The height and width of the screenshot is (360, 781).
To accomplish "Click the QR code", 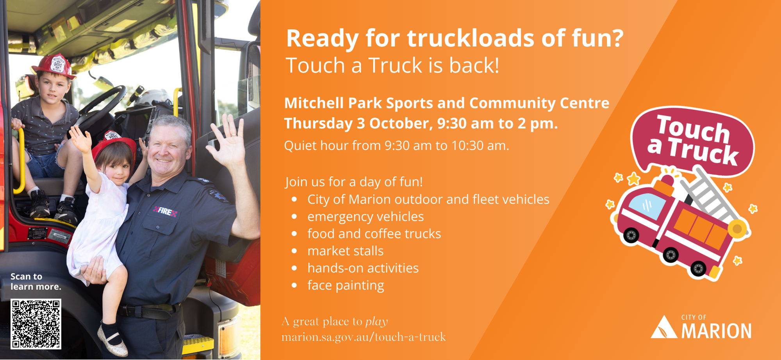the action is [36, 324].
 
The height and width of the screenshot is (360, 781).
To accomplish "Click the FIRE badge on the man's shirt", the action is [166, 211].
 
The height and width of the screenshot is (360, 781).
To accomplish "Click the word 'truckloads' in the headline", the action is [471, 38].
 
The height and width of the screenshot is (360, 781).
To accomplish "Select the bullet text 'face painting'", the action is [346, 285].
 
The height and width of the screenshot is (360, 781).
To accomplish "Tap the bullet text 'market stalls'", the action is [346, 251].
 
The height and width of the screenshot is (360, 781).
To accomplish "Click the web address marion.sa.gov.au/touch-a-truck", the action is [364, 337].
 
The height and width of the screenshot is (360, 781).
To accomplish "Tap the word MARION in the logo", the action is [717, 331].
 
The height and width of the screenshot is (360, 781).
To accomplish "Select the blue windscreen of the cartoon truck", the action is [647, 206].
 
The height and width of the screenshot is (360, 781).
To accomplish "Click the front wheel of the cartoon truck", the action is [631, 235].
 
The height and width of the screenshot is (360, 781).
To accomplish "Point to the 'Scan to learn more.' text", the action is [36, 282].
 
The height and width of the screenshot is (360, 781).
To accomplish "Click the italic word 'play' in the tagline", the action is [376, 322].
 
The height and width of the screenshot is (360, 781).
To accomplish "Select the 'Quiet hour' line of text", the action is [397, 146].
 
